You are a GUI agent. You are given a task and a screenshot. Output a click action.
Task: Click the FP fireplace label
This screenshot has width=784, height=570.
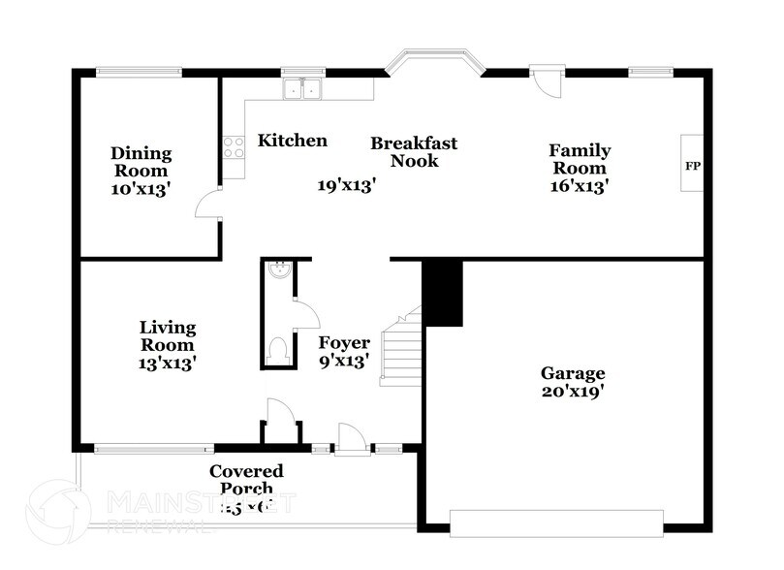[692, 166]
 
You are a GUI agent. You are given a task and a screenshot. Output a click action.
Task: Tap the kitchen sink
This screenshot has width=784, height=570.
[301, 90]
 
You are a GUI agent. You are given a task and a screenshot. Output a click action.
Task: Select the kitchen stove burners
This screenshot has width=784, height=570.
[234, 146]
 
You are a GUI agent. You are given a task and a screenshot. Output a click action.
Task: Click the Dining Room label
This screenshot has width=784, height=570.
[141, 171]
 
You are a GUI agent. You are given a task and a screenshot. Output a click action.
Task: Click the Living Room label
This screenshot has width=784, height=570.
[167, 345]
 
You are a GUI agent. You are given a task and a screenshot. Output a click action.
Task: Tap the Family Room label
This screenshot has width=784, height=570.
[580, 169]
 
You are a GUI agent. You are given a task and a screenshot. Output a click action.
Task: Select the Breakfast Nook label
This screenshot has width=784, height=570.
[414, 152]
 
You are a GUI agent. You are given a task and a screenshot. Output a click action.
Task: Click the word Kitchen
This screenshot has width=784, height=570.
[292, 141]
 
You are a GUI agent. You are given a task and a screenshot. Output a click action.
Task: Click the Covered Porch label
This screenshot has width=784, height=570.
[246, 480]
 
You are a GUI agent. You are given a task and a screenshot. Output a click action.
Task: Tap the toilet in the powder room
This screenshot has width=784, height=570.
[277, 349]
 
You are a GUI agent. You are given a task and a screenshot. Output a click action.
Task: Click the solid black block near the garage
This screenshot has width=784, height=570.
[443, 294]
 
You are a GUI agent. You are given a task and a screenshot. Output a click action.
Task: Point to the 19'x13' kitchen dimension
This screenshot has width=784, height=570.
[346, 185]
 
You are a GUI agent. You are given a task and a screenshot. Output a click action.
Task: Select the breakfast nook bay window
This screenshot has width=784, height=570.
[433, 63]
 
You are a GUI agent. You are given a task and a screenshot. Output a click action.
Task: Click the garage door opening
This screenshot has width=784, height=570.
[557, 522]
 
